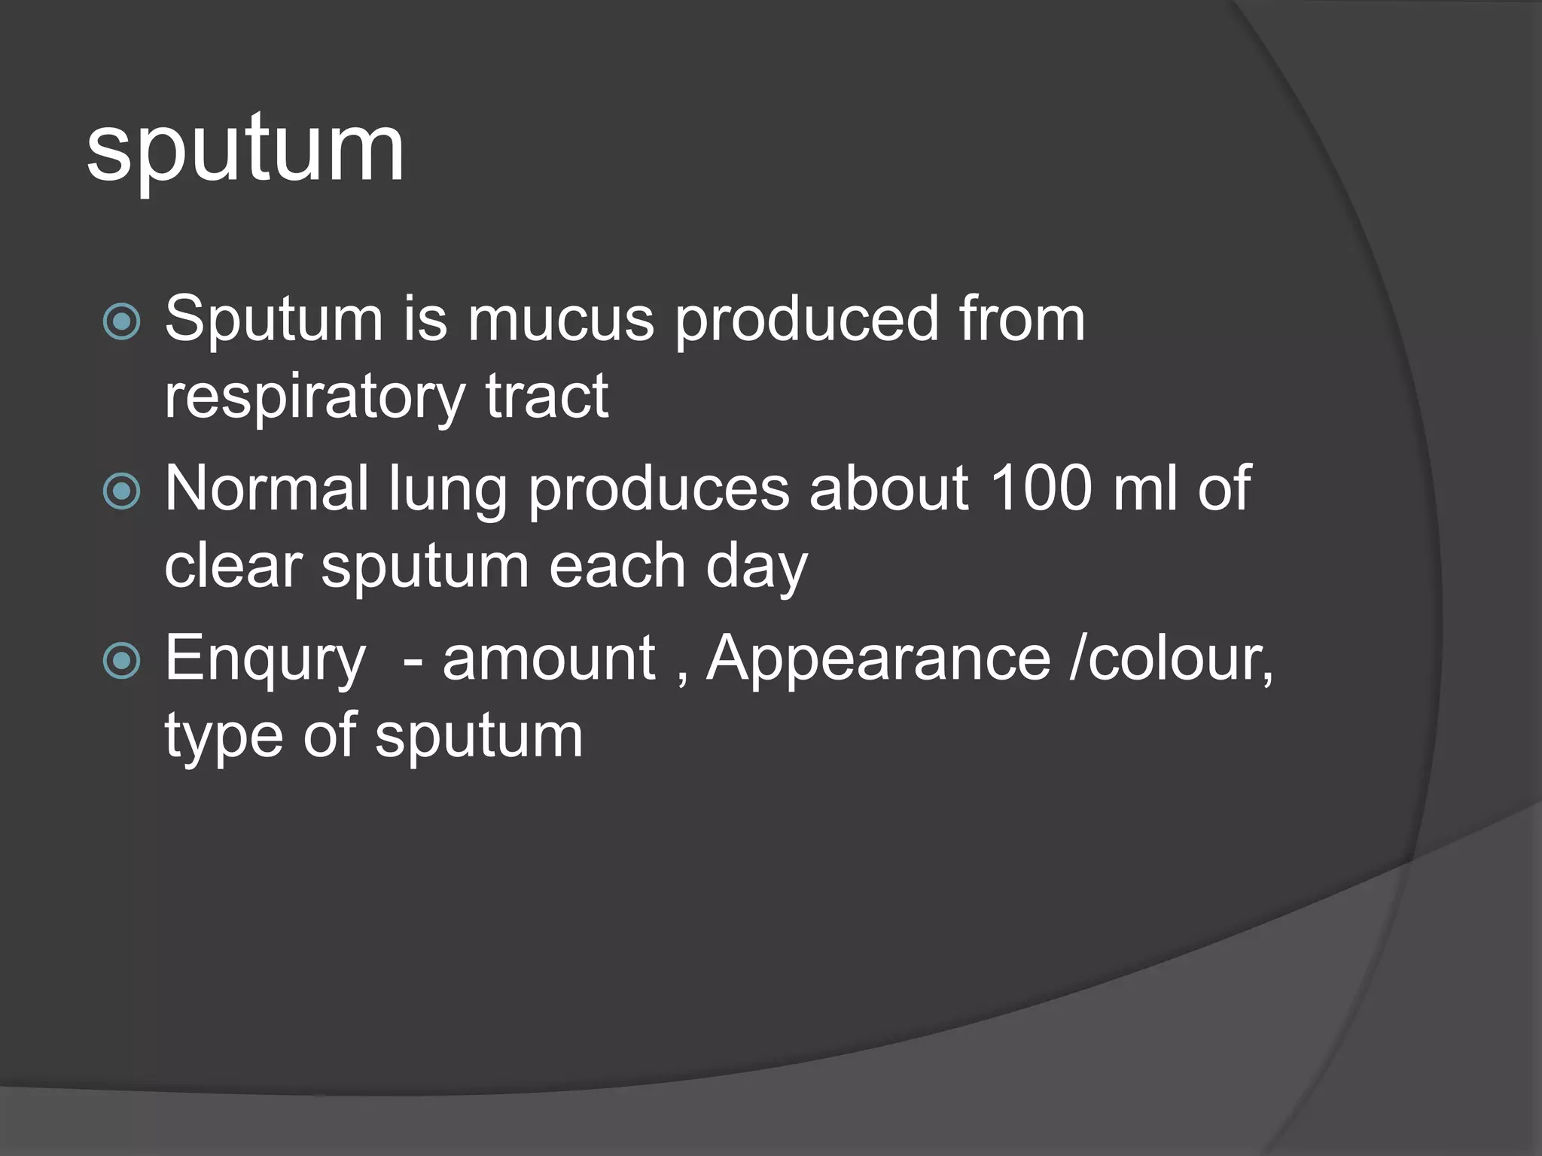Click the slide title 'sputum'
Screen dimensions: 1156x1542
point(245,151)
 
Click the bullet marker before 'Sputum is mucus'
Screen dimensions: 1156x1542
point(121,322)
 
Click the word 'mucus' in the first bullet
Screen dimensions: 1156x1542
point(561,320)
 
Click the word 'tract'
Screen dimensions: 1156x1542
point(547,397)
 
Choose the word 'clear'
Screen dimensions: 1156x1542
point(233,567)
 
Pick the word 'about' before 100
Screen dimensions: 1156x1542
point(889,489)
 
